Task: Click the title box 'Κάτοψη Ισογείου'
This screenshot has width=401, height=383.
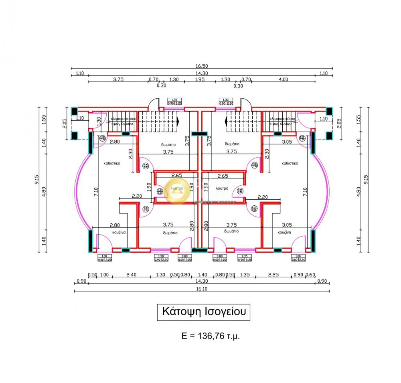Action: (x=203, y=312)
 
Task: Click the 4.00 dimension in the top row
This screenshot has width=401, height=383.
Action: (x=283, y=79)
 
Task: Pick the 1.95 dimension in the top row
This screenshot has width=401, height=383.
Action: (x=200, y=79)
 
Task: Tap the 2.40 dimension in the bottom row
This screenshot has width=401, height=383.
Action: (x=132, y=275)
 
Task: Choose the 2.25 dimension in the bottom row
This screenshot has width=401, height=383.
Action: (x=273, y=275)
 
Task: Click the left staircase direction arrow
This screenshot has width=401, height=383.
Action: (x=177, y=120)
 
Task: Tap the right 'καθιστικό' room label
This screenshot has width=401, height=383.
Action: (x=290, y=163)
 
